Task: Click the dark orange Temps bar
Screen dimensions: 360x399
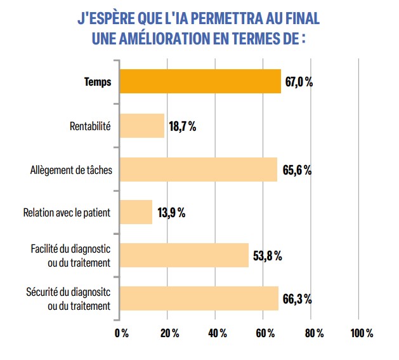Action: (200, 82)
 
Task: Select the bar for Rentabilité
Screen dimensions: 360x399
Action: (141, 126)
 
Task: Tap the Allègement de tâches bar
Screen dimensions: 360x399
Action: (198, 170)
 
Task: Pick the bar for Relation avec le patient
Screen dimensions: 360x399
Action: (136, 212)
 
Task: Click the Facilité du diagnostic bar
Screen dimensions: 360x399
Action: (184, 255)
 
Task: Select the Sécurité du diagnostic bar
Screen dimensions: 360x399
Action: (199, 298)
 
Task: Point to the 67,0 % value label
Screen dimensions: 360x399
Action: (299, 83)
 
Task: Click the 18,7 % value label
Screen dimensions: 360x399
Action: (182, 126)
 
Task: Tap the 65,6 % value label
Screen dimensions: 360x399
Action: (296, 170)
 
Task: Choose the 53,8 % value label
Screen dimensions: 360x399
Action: (267, 256)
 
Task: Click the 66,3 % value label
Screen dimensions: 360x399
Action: (296, 299)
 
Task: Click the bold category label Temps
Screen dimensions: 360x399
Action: (98, 82)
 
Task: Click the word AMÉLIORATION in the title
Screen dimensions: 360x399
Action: (170, 38)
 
